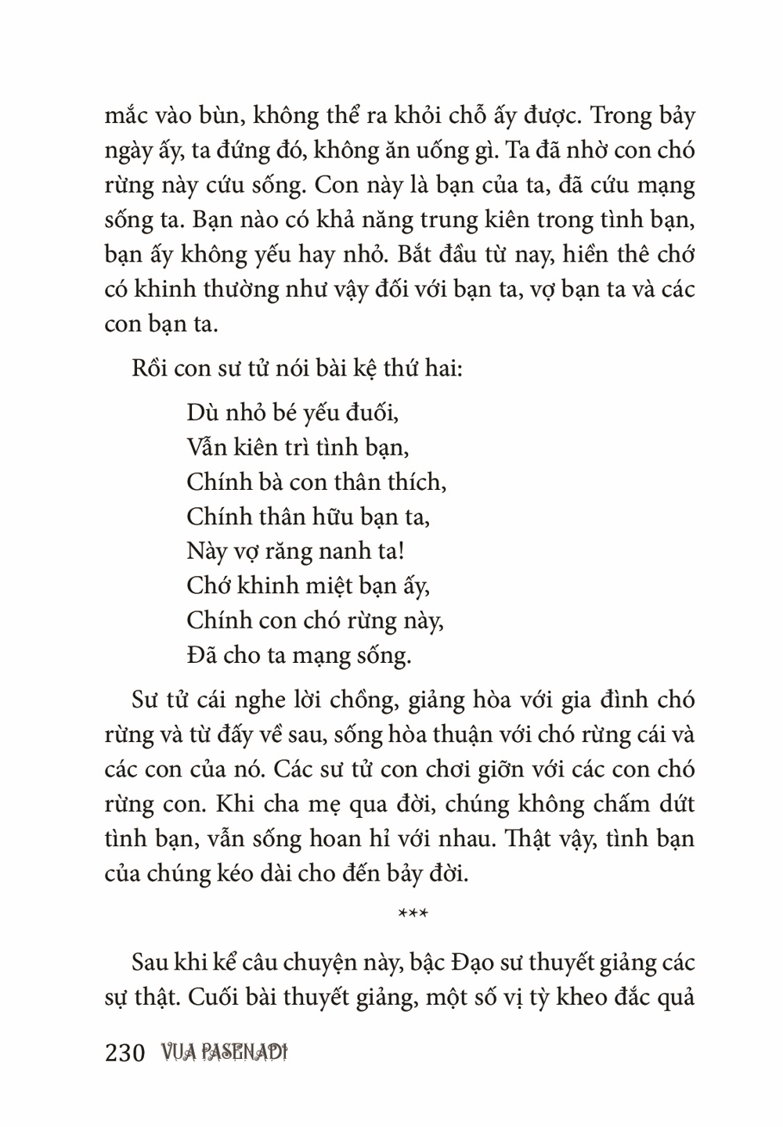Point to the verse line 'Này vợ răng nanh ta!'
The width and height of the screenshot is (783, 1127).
click(x=296, y=550)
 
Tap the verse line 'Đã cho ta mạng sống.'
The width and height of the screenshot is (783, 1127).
click(x=299, y=654)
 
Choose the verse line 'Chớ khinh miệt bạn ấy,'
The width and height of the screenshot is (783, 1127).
click(x=309, y=585)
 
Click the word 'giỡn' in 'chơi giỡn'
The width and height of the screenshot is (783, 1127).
click(x=499, y=769)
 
